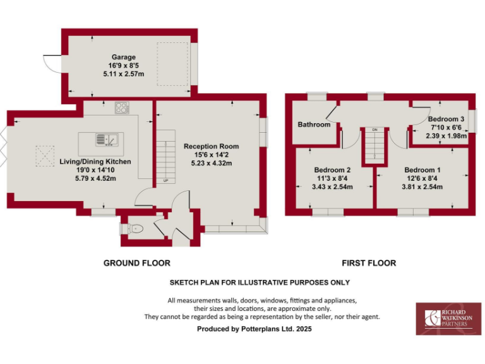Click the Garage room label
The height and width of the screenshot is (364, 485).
[x=124, y=56]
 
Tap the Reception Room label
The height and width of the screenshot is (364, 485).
[x=212, y=146]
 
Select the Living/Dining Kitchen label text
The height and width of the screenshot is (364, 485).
[x=95, y=162]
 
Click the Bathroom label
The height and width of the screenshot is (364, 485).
[x=314, y=124]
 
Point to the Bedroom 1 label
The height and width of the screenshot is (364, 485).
[x=422, y=170]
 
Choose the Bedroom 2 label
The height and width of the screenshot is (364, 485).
[x=332, y=170]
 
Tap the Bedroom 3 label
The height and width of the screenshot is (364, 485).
[x=446, y=119]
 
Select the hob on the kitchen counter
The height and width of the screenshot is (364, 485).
[x=122, y=107]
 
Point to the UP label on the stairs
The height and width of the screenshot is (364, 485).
[x=166, y=181]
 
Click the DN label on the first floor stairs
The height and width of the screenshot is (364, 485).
[x=374, y=130]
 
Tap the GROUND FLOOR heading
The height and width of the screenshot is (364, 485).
[x=137, y=263]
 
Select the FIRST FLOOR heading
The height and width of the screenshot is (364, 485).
[x=369, y=263]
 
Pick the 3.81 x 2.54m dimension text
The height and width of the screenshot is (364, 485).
[x=422, y=187]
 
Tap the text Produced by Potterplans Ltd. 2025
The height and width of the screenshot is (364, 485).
[x=254, y=329]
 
